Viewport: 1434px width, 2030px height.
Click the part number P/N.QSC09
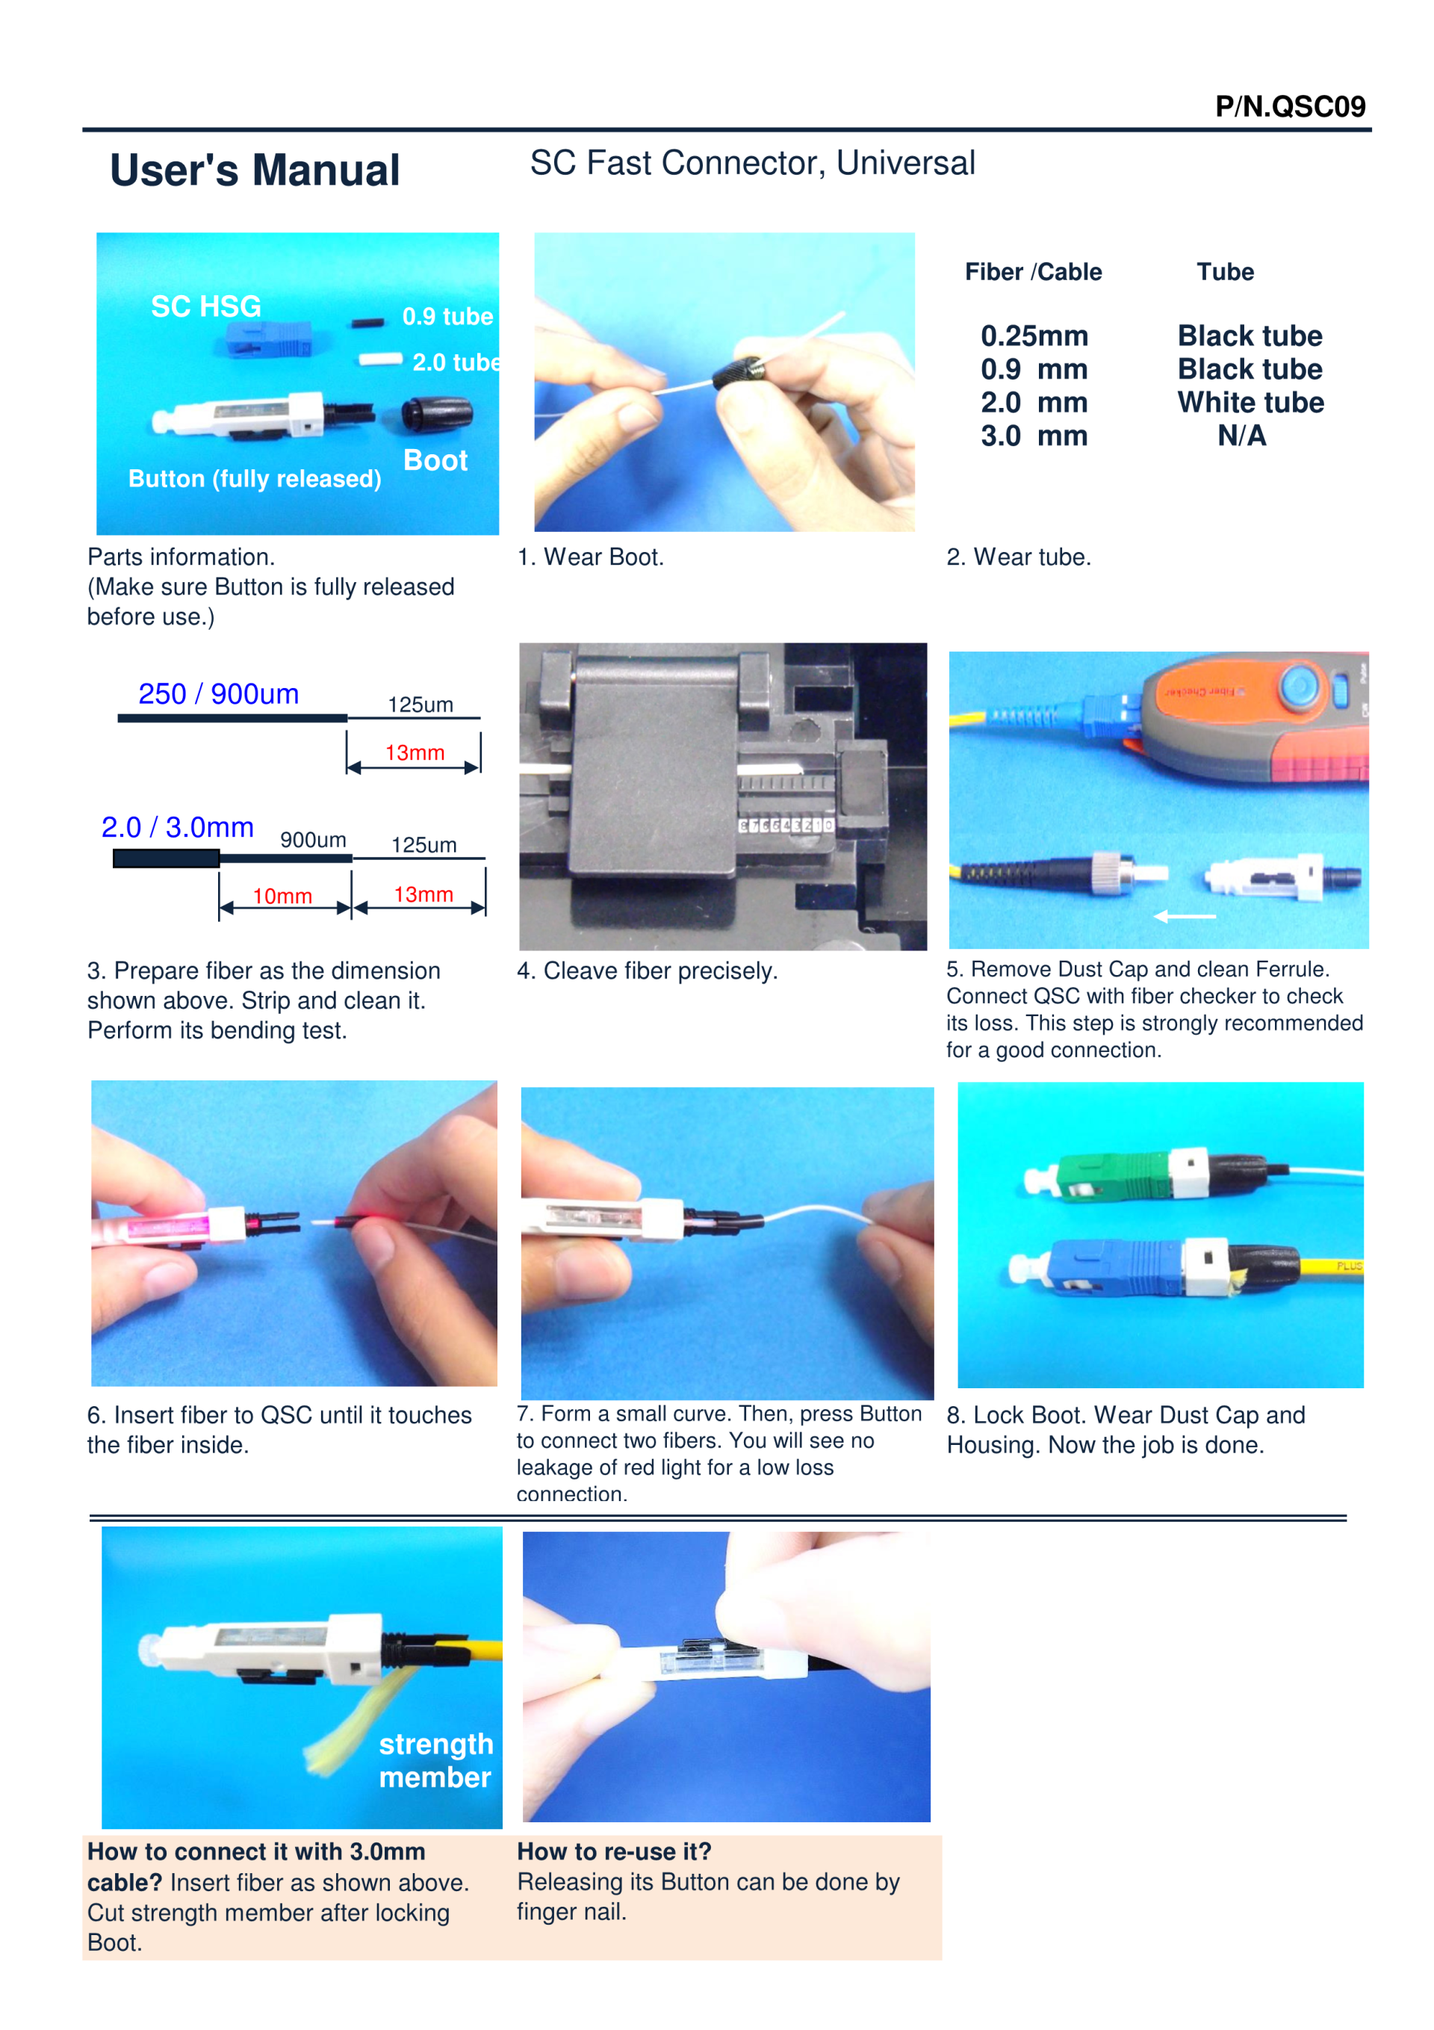click(x=1290, y=106)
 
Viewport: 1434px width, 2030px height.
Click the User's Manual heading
click(x=255, y=170)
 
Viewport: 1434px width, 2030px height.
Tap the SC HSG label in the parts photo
click(x=206, y=306)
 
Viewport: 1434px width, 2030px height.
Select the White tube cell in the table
click(x=1250, y=402)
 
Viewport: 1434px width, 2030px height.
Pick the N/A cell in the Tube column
click(x=1241, y=436)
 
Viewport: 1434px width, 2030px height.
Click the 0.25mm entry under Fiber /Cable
click(x=1034, y=336)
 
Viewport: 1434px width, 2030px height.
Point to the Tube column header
click(x=1226, y=271)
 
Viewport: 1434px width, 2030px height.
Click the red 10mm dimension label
click(x=282, y=896)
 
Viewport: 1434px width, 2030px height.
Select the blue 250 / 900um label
click(x=218, y=694)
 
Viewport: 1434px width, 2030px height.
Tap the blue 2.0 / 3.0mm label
click(x=178, y=826)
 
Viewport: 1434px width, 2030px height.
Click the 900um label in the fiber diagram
click(x=313, y=839)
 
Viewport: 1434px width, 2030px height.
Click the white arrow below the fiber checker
click(x=1185, y=916)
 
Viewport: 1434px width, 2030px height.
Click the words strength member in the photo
click(x=436, y=1760)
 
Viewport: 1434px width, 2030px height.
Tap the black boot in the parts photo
click(x=437, y=414)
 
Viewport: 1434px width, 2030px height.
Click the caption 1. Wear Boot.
click(x=591, y=557)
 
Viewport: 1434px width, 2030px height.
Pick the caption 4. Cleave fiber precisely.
click(x=647, y=971)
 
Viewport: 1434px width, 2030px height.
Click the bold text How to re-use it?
click(x=615, y=1851)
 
